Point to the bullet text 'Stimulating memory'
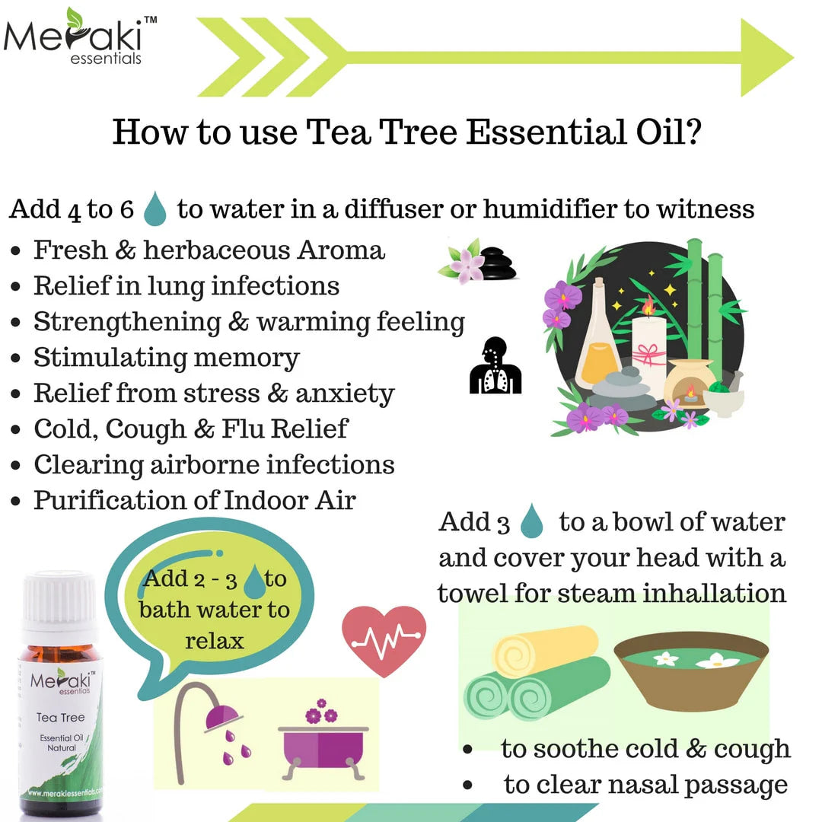click(167, 358)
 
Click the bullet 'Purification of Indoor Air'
click(194, 501)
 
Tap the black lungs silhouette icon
click(495, 366)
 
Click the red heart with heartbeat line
click(384, 632)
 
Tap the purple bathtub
click(323, 749)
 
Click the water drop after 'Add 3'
click(532, 524)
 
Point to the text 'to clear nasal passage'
click(645, 784)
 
